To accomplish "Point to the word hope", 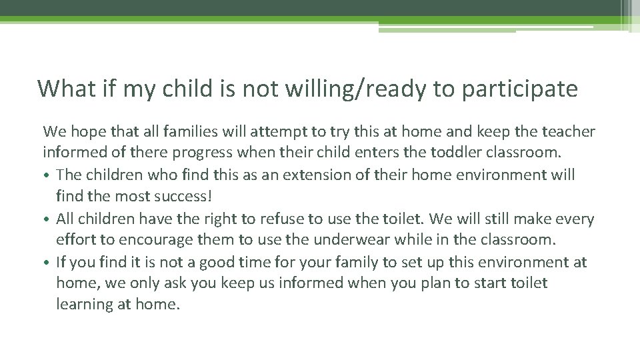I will [85, 131].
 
